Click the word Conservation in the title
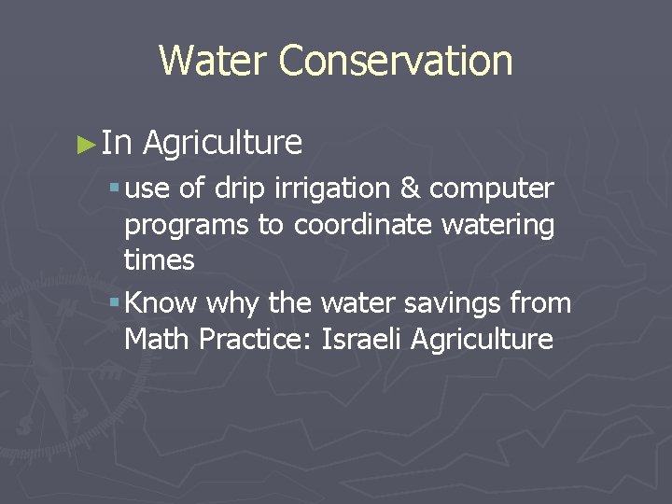click(x=395, y=61)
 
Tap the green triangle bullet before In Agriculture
click(x=87, y=144)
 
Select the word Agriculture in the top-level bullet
click(x=222, y=143)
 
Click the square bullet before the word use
click(x=113, y=189)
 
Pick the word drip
click(x=239, y=189)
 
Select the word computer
click(x=491, y=189)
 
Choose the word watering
click(x=505, y=226)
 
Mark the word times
click(x=159, y=260)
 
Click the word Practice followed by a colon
click(x=256, y=339)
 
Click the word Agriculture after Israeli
click(x=485, y=340)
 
